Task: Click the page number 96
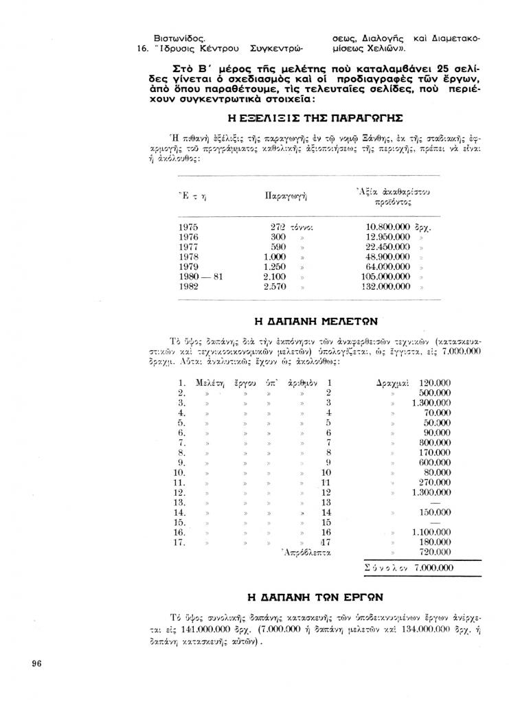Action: [x=37, y=663]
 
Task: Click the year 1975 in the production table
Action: [x=188, y=227]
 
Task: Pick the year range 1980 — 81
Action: [x=201, y=277]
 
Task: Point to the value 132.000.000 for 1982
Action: [x=385, y=286]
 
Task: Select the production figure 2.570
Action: [x=275, y=286]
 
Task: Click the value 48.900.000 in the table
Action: [x=388, y=257]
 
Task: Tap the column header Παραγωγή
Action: [x=285, y=196]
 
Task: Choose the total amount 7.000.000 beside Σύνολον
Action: [x=434, y=568]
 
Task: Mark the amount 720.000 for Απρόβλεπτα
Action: [x=434, y=551]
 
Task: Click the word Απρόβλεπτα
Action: [x=306, y=551]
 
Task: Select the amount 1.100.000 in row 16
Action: [x=431, y=532]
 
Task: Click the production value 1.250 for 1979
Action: [x=275, y=266]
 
